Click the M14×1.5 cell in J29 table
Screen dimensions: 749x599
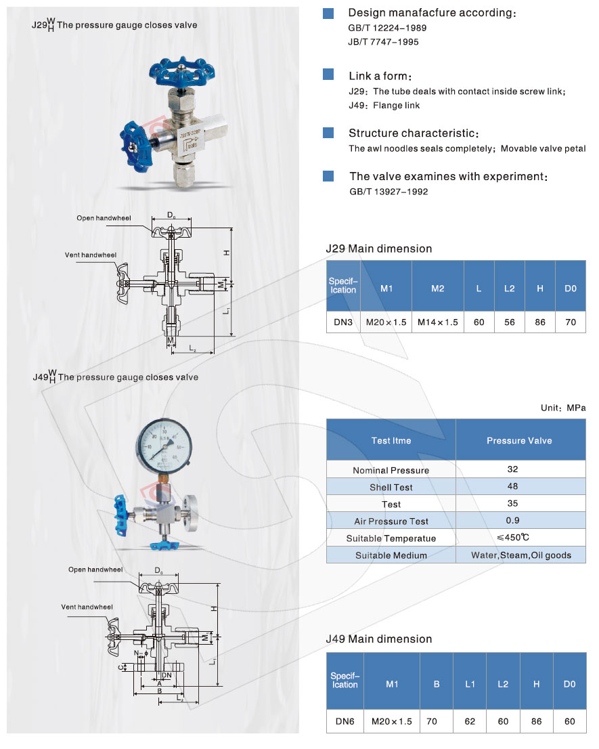437,322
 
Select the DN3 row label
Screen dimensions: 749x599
343,322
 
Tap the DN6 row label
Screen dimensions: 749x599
345,721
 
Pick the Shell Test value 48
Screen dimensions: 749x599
512,486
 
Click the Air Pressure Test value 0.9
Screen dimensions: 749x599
512,521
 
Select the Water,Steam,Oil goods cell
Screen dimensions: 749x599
520,555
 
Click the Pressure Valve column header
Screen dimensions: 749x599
519,440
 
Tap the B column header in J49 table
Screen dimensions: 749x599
437,684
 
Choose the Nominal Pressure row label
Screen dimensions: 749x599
391,470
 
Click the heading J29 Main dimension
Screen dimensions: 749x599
378,249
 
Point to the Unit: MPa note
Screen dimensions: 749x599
562,408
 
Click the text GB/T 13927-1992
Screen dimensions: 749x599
388,192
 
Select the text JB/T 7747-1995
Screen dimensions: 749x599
383,42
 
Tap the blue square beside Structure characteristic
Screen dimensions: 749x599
328,133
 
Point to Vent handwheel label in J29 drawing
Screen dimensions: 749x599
91,255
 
